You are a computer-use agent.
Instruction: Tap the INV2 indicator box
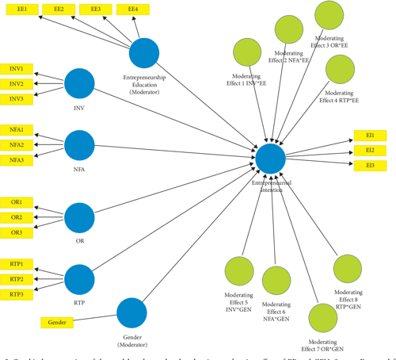click(x=17, y=83)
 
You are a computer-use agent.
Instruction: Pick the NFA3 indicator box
click(x=17, y=160)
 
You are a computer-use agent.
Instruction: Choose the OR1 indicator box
click(x=17, y=202)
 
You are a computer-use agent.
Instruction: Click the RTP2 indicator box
click(x=17, y=279)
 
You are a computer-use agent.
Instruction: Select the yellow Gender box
click(x=57, y=323)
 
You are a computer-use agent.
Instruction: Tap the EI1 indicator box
click(x=370, y=136)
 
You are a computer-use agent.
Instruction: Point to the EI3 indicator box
click(x=370, y=165)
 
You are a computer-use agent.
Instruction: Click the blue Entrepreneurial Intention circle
click(x=270, y=159)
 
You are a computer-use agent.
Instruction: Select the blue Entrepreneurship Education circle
click(x=144, y=53)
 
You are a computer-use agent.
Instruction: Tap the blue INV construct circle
click(x=79, y=84)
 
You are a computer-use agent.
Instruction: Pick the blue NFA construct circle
click(x=79, y=145)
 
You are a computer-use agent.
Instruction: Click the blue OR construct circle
click(x=79, y=217)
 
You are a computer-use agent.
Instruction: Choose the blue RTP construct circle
click(x=79, y=279)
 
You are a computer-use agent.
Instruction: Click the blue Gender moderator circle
click(x=131, y=312)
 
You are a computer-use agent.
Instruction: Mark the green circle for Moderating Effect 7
click(x=322, y=320)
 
